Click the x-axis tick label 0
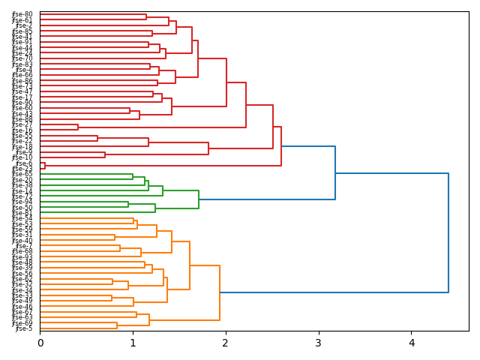[x=40, y=343]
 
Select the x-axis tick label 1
[x=133, y=343]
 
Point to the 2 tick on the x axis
[x=226, y=343]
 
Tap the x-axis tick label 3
[x=319, y=343]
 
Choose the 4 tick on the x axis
[x=411, y=343]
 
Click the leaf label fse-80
[x=22, y=14]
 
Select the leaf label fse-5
[x=24, y=328]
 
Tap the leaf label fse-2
[x=24, y=25]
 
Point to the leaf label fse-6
[x=24, y=163]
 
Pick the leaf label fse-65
[x=22, y=174]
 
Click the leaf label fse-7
[x=24, y=246]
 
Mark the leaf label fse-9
[x=24, y=152]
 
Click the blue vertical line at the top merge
[x=448, y=232]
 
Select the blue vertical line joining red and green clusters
[x=335, y=173]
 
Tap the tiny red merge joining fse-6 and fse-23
[x=44, y=166]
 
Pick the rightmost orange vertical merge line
[x=220, y=292]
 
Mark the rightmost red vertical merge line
[x=281, y=146]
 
